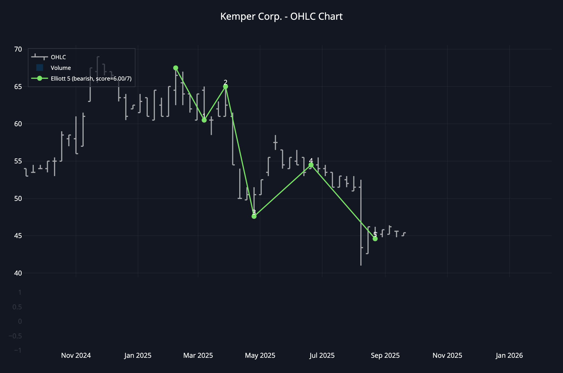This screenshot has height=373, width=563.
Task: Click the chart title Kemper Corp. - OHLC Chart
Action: tap(281, 17)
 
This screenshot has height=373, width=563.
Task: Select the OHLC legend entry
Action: tap(58, 57)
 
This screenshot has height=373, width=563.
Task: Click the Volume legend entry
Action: tap(61, 68)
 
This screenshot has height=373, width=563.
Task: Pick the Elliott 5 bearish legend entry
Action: tap(91, 79)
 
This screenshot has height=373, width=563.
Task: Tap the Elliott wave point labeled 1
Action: tap(204, 120)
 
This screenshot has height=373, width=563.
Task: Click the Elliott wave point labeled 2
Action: tap(225, 86)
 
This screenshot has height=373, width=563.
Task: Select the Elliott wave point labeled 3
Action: tap(254, 216)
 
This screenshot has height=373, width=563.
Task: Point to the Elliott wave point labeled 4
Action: tap(311, 165)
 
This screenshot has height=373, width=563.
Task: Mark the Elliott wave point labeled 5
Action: tap(375, 239)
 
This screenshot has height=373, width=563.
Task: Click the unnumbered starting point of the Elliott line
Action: tap(176, 68)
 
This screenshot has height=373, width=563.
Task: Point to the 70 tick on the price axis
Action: tap(18, 49)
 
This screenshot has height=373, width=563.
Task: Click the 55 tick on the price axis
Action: tap(18, 161)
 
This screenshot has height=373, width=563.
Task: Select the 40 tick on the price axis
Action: tap(18, 273)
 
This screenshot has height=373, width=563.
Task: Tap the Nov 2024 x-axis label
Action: tap(76, 356)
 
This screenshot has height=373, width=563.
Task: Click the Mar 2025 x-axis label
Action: tap(198, 356)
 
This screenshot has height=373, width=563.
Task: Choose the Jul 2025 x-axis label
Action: tap(322, 356)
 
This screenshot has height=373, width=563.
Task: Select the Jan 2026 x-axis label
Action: tap(509, 356)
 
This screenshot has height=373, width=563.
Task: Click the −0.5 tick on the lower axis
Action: tap(15, 336)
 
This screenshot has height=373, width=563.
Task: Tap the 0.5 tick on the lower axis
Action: tap(17, 307)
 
